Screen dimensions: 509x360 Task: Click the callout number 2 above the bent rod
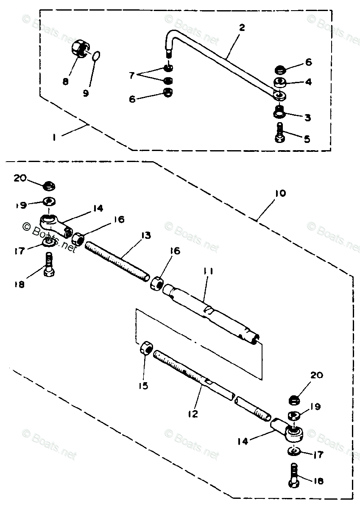[x=242, y=28]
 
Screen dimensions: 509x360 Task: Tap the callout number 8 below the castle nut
[x=65, y=81]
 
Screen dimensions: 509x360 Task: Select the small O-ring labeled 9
[x=97, y=56]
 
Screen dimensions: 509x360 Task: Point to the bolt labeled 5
[x=280, y=133]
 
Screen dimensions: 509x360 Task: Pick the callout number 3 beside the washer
[x=308, y=117]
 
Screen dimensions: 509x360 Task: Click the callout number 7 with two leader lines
[x=132, y=76]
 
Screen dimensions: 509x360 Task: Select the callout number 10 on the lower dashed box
[x=280, y=194]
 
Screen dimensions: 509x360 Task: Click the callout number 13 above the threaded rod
[x=146, y=235]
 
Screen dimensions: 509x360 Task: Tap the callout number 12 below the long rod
[x=193, y=414]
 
